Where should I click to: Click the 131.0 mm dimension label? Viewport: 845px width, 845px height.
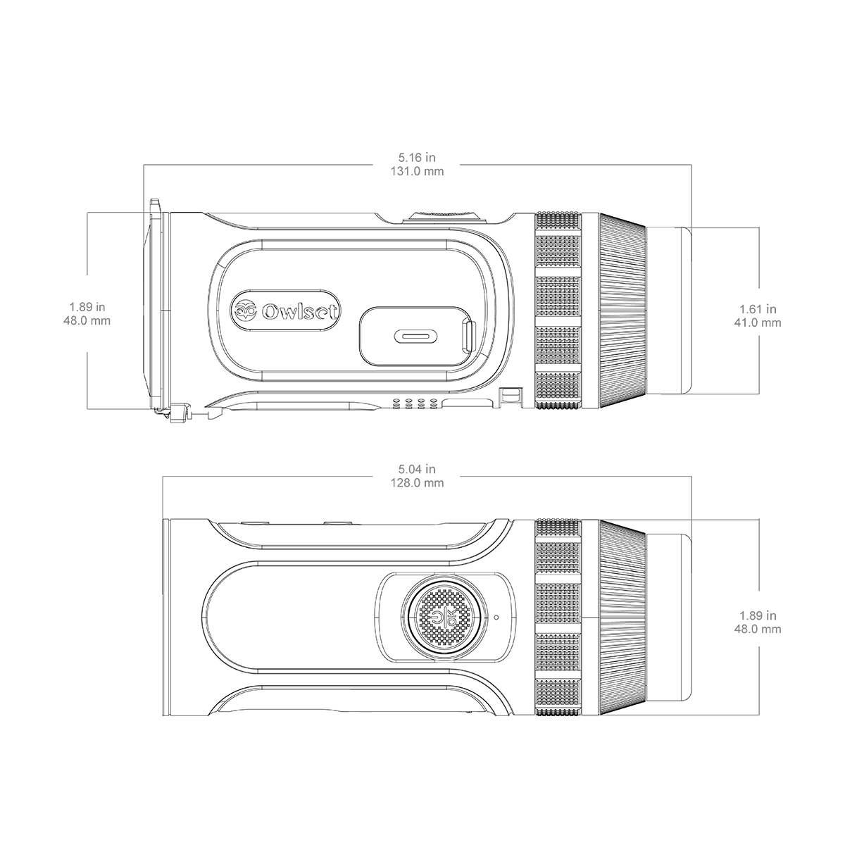pyautogui.click(x=417, y=171)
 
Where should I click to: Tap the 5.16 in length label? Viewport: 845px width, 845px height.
pyautogui.click(x=417, y=157)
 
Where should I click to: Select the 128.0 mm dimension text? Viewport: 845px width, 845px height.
pyautogui.click(x=417, y=483)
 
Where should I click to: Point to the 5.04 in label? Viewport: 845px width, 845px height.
pyautogui.click(x=417, y=469)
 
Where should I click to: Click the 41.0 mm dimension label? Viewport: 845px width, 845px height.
pyautogui.click(x=758, y=323)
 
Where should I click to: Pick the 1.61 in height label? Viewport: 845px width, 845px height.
pyautogui.click(x=758, y=309)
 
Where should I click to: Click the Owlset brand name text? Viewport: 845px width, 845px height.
pyautogui.click(x=300, y=312)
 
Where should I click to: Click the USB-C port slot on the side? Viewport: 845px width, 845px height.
pyautogui.click(x=415, y=337)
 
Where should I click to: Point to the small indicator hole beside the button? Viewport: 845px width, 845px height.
pyautogui.click(x=496, y=617)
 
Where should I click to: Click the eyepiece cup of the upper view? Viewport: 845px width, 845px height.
pyautogui.click(x=669, y=310)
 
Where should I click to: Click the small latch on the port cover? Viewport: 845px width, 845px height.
pyautogui.click(x=470, y=337)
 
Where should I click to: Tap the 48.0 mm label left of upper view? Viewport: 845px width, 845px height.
pyautogui.click(x=87, y=320)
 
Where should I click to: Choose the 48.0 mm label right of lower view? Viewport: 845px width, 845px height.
pyautogui.click(x=758, y=630)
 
